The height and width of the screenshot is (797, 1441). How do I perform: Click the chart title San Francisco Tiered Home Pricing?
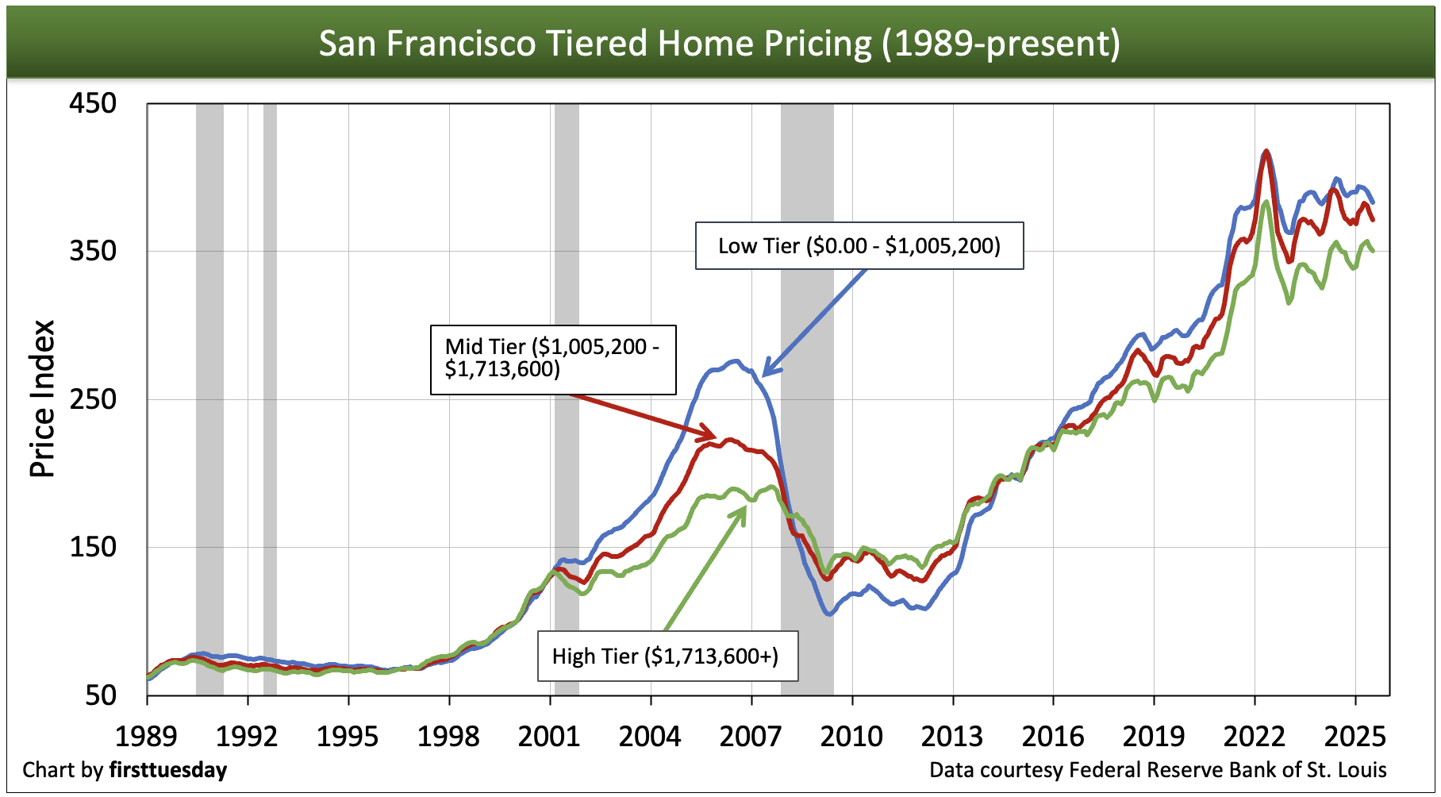point(719,43)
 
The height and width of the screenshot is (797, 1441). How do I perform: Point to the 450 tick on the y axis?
point(93,103)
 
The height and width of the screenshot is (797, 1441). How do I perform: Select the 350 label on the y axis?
point(93,251)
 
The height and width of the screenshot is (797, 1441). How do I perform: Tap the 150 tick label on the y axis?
point(93,547)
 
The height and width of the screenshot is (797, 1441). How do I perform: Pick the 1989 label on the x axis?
point(147,737)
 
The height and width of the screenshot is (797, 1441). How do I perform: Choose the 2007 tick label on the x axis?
point(751,737)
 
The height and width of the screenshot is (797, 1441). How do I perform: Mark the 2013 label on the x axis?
point(952,737)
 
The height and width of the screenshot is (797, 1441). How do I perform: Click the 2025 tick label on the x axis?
point(1355,737)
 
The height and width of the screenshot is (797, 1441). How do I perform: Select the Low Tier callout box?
point(859,246)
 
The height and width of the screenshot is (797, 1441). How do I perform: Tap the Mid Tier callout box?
point(553,359)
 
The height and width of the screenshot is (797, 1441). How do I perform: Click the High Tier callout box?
point(667,656)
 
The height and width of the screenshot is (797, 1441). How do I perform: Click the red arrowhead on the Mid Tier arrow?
point(709,436)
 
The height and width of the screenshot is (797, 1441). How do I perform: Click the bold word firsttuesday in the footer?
point(168,770)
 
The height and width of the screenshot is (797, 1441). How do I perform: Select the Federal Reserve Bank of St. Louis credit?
point(1158,770)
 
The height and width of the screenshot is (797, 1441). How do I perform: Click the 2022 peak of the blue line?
point(1266,152)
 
